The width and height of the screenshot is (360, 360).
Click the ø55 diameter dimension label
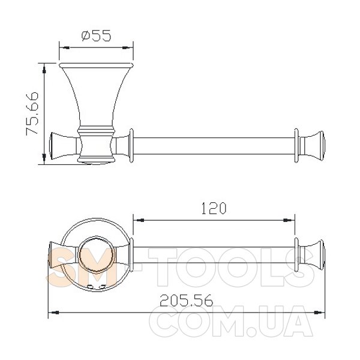click(97, 35)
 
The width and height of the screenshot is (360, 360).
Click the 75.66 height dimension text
click(32, 113)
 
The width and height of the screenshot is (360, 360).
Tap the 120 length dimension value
click(214, 208)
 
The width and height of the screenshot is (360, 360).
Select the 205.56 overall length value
click(187, 301)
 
